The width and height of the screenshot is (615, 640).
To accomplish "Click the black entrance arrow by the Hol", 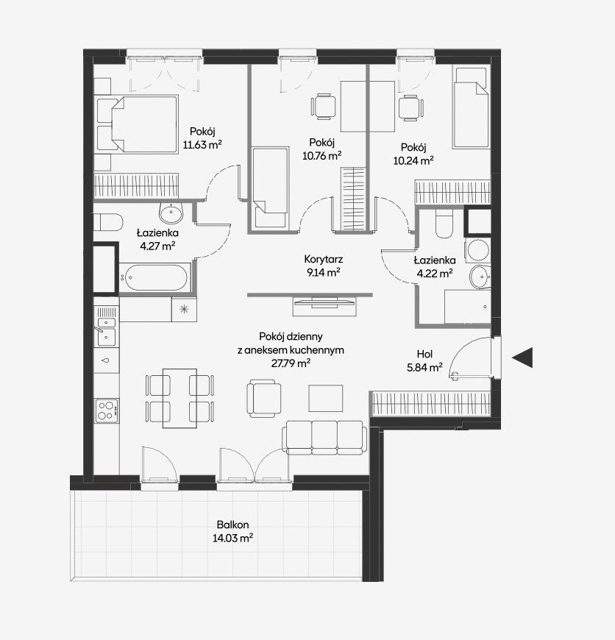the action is coord(523,358).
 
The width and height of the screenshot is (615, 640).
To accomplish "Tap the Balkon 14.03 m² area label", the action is coord(232,531).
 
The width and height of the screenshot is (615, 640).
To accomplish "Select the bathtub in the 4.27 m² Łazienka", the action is coord(154,277).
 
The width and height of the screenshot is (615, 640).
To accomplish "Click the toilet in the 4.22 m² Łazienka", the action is coord(444,224).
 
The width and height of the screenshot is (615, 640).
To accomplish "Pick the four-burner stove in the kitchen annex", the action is coord(107,410).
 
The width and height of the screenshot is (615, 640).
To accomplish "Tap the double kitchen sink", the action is coord(106,330).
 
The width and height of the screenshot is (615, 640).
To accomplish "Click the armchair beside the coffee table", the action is coord(264,399).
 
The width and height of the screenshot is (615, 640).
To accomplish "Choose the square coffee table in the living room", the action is coord(325,399).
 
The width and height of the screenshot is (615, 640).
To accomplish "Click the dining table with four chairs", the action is coord(179,399).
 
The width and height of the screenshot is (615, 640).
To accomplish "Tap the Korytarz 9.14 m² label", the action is coord(323,266).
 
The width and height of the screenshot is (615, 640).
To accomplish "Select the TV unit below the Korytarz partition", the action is coord(324,307).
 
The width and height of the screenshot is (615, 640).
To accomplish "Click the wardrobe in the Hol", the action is coord(431,403).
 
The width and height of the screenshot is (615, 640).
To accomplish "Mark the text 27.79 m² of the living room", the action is coord(291,363).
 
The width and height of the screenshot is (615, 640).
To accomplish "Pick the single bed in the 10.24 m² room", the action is coord(472,107).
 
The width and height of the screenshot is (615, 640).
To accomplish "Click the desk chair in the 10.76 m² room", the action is coord(324,107).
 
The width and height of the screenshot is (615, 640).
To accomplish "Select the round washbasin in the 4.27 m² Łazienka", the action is coord(171,213).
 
